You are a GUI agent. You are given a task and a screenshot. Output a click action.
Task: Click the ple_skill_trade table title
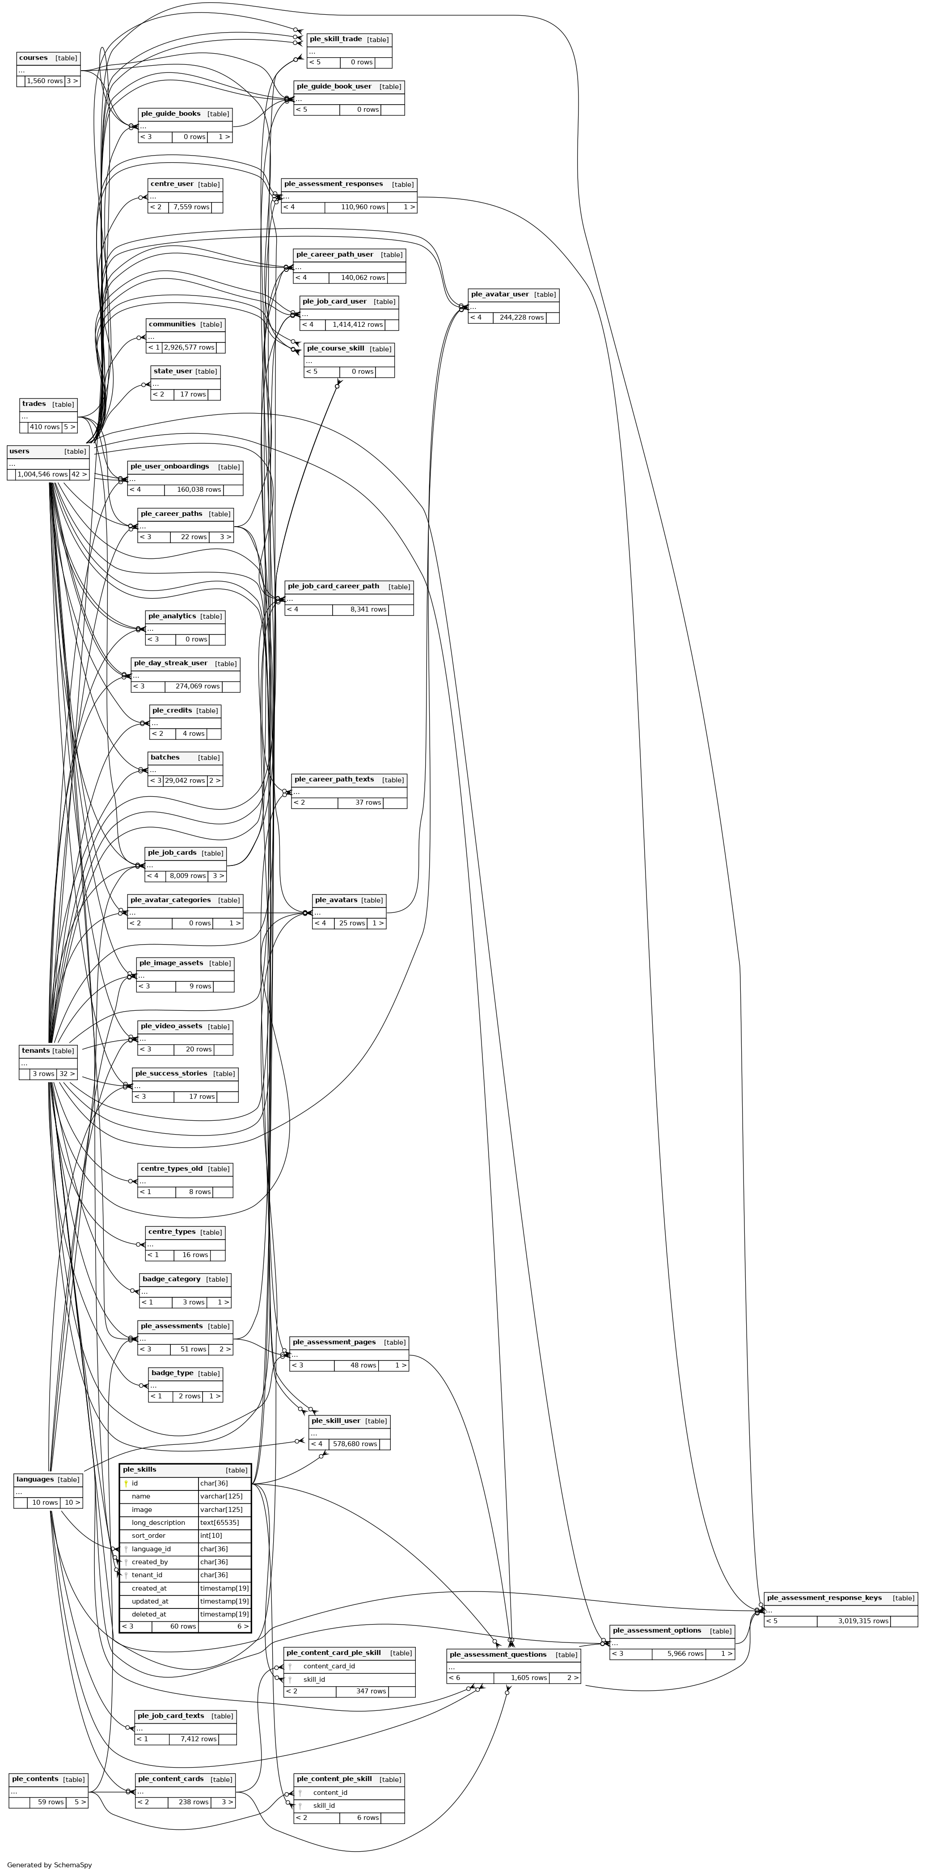335,39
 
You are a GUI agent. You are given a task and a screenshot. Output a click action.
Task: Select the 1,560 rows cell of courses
44,81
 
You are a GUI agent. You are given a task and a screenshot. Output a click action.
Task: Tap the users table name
20,451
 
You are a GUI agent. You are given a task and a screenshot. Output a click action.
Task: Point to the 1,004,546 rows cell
42,474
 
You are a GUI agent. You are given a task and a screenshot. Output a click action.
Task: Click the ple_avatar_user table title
499,294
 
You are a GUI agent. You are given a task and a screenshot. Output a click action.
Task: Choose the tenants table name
36,1051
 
